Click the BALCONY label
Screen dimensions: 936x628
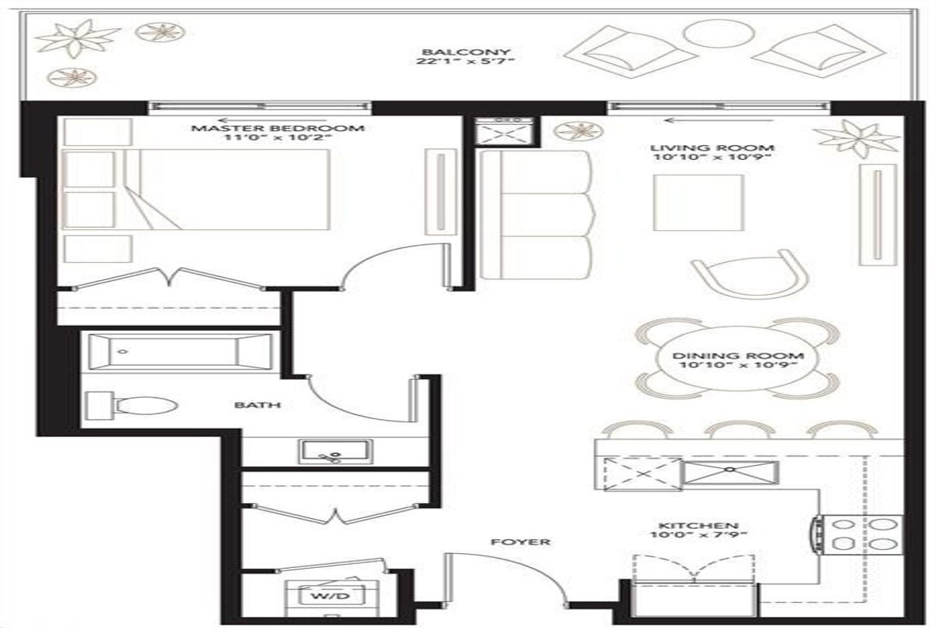[466, 52]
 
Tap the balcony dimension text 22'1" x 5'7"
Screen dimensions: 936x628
[465, 62]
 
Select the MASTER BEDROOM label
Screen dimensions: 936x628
[278, 128]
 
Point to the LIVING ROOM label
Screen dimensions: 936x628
[712, 148]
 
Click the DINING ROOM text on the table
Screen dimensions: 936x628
[738, 356]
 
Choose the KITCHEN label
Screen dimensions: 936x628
[699, 526]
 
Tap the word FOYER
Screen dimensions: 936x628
[520, 542]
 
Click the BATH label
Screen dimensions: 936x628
[257, 405]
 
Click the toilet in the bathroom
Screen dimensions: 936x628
[131, 406]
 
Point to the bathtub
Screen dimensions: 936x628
[180, 353]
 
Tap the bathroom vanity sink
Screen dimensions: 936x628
[335, 451]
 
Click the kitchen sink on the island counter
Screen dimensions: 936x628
[730, 473]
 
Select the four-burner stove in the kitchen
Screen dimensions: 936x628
[860, 535]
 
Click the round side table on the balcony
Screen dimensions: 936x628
[719, 33]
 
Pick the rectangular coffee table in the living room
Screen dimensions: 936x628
[698, 203]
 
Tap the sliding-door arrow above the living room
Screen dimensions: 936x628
[719, 121]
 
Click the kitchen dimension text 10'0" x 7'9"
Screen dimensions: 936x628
[698, 535]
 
